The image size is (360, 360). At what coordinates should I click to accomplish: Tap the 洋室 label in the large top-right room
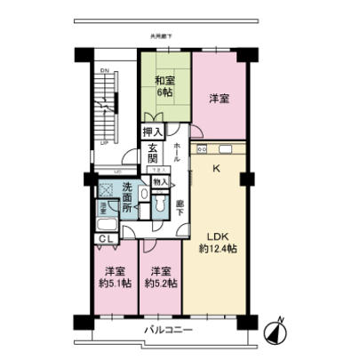click(220, 100)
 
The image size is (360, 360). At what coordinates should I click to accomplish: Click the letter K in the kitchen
click(214, 166)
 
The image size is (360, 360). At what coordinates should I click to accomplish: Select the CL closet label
click(106, 239)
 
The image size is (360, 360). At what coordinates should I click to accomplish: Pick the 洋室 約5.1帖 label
click(113, 277)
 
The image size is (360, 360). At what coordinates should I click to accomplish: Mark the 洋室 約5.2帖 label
click(160, 277)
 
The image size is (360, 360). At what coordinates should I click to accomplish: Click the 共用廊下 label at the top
click(164, 36)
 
